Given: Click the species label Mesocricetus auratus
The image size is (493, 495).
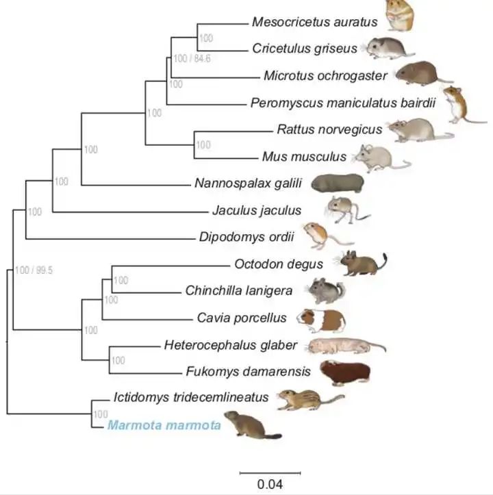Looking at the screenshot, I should [314, 22].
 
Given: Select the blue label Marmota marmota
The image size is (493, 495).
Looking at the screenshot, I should [164, 426].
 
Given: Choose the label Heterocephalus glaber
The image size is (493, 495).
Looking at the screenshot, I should [231, 345].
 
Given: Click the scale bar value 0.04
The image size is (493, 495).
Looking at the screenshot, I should [270, 484].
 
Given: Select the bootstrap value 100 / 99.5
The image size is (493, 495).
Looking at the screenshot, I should [32, 270].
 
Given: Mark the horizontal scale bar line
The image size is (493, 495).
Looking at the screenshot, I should [270, 472].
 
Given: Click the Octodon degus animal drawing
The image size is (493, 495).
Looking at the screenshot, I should [362, 263].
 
